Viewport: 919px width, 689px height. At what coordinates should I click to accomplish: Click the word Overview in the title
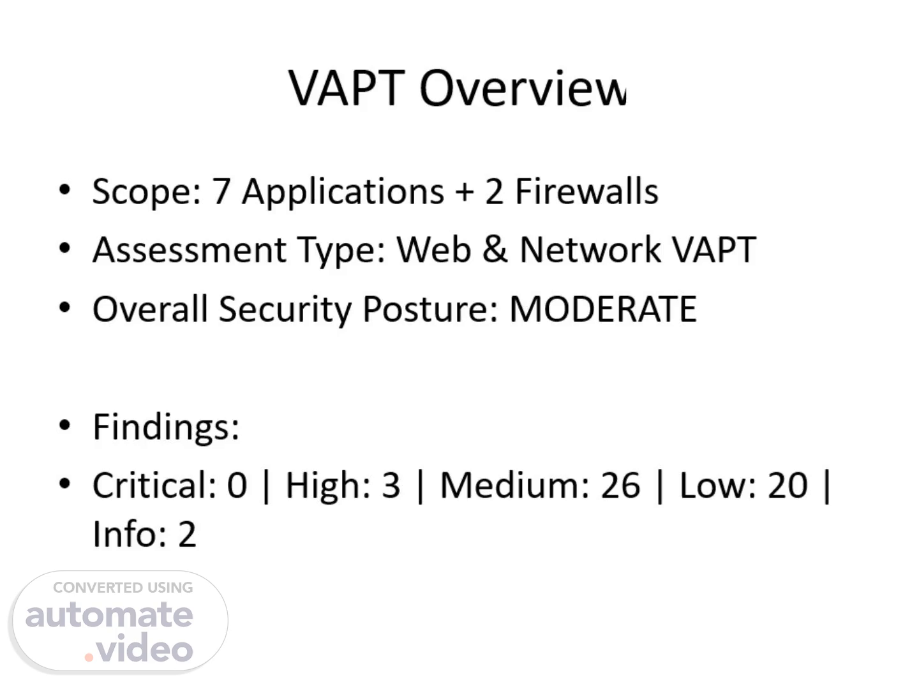(523, 89)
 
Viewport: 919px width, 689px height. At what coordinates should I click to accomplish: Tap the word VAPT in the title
(347, 89)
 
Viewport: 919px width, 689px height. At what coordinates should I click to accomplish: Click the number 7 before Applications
(221, 191)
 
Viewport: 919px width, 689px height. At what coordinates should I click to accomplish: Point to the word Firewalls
(587, 191)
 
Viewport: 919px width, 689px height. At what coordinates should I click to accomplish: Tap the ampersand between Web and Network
(495, 249)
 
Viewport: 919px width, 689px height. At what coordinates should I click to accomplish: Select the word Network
(590, 249)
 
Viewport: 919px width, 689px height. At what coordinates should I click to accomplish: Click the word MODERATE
(603, 309)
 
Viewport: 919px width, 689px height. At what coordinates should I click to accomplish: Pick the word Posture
(430, 309)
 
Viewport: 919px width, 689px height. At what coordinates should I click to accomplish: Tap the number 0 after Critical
(237, 485)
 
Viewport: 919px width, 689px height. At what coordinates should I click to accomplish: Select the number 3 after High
(391, 485)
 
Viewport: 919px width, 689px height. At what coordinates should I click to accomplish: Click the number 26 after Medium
(620, 485)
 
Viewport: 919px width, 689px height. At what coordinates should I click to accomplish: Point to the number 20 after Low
(788, 485)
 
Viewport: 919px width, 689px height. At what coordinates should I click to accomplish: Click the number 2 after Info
(187, 534)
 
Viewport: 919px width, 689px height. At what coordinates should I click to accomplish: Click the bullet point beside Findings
(65, 425)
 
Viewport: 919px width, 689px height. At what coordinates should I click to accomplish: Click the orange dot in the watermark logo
(89, 658)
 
